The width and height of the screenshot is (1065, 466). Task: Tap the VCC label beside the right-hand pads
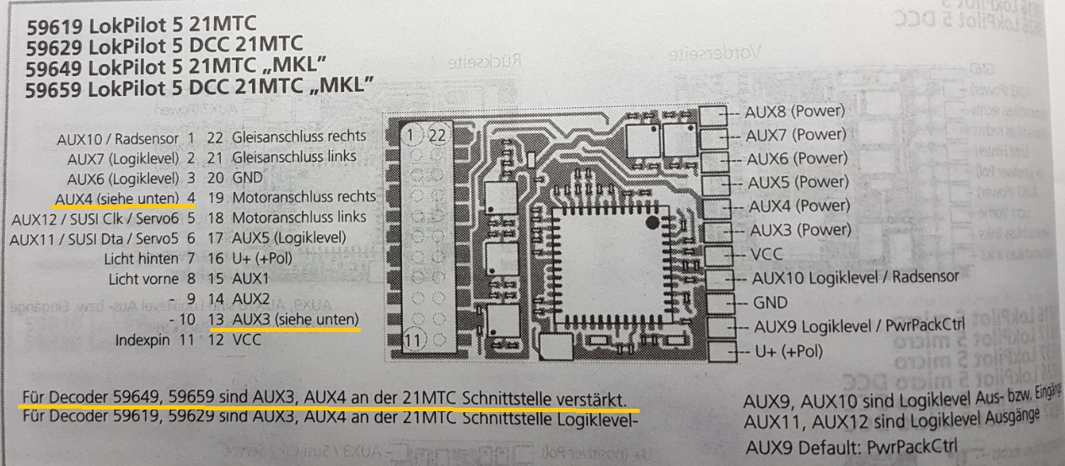[765, 253]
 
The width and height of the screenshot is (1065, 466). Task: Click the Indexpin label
[147, 340]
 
